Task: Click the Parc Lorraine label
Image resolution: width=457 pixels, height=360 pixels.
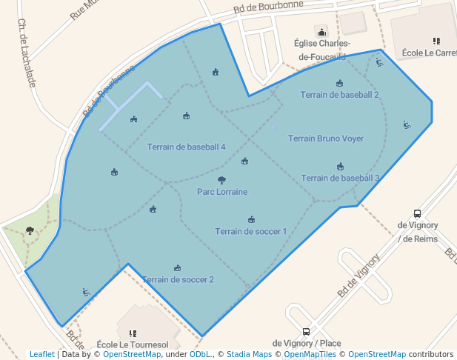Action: tap(222, 192)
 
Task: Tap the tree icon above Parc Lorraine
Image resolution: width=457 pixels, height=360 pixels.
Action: tap(221, 180)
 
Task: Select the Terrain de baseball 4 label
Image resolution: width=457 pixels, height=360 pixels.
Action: tap(186, 147)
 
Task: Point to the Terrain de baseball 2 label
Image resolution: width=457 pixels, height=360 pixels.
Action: tap(340, 95)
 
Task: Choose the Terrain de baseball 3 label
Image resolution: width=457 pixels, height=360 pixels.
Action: tap(341, 178)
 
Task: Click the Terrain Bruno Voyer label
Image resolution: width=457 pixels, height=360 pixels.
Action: tap(326, 139)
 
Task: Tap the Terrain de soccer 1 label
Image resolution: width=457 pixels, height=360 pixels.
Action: tap(251, 231)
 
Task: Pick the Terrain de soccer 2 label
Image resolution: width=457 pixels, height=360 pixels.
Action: tap(178, 279)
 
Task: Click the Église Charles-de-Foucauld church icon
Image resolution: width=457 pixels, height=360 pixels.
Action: tap(321, 32)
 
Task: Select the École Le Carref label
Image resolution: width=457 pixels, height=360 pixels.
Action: tap(430, 53)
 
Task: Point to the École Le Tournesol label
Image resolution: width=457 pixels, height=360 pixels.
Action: tap(133, 345)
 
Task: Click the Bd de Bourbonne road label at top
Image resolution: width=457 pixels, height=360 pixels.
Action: tap(268, 7)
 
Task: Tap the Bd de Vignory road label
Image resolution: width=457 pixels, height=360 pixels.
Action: tap(358, 276)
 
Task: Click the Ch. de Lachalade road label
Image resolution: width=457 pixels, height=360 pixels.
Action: tap(27, 53)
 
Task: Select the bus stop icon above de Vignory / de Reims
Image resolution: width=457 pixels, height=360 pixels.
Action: tap(417, 213)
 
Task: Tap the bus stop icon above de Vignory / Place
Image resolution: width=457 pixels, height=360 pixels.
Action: tap(307, 332)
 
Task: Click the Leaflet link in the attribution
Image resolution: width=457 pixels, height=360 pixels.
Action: tap(41, 354)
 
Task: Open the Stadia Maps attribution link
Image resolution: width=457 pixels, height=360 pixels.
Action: tap(249, 354)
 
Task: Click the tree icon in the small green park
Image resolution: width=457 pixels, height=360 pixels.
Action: tap(30, 230)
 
